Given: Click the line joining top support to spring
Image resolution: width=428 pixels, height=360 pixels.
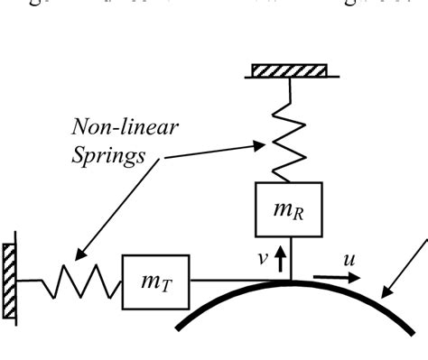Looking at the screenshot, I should [x=289, y=90].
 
